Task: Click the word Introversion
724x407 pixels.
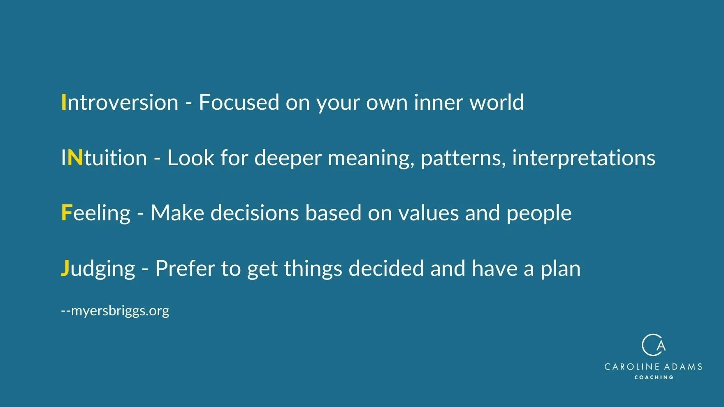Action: point(120,102)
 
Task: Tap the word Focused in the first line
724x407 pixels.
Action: point(239,102)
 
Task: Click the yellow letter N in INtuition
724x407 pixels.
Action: point(75,158)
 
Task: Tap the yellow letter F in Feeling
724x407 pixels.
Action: point(66,213)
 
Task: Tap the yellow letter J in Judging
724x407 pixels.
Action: point(65,268)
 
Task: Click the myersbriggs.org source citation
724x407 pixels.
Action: point(115,311)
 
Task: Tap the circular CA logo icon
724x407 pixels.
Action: point(653,345)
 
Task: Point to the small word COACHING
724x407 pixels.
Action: point(654,377)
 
